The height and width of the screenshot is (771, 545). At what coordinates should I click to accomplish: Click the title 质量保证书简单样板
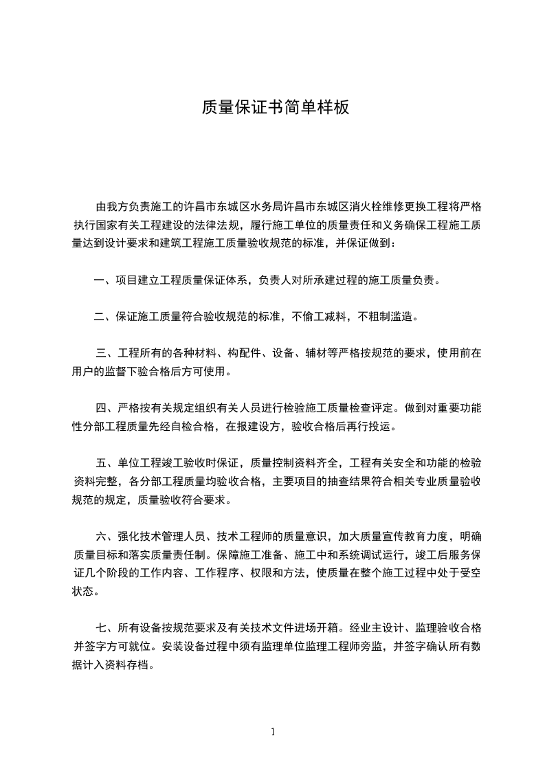click(276, 108)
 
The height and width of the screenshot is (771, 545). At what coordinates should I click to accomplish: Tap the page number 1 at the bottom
click(273, 732)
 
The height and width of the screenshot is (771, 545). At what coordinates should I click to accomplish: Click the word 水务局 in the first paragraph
click(269, 206)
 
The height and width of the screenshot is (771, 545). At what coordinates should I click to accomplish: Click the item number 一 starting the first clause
click(99, 280)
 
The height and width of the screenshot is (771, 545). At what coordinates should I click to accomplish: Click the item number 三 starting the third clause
click(102, 355)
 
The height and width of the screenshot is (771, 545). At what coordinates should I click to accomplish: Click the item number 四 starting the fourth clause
click(102, 408)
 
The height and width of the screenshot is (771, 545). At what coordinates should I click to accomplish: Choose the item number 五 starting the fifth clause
click(102, 464)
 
